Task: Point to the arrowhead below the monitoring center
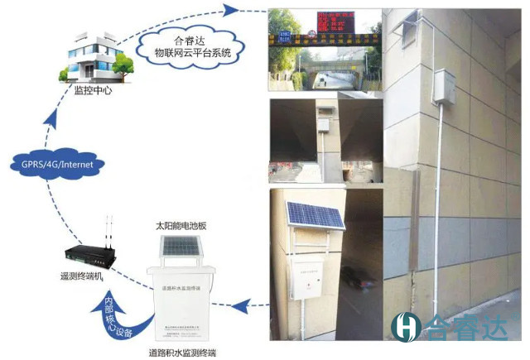[55, 121]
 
